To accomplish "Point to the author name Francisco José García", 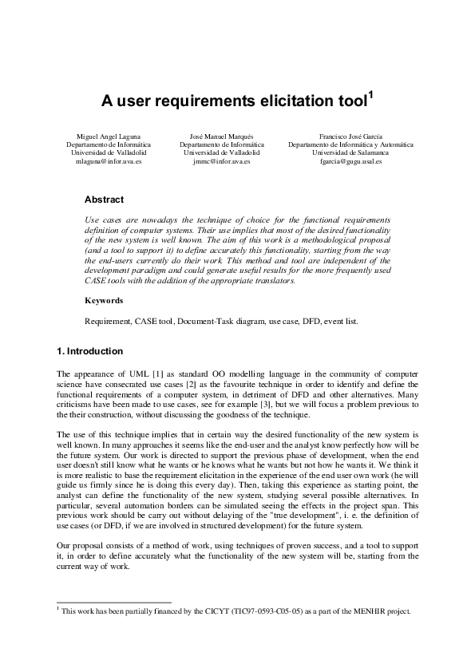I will (351, 136).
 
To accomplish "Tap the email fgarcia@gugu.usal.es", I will (351, 161).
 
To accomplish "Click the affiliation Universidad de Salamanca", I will (351, 152).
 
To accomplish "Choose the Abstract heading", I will (104, 200).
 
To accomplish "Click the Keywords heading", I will (104, 301).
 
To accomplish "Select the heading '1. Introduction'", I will (89, 351).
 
